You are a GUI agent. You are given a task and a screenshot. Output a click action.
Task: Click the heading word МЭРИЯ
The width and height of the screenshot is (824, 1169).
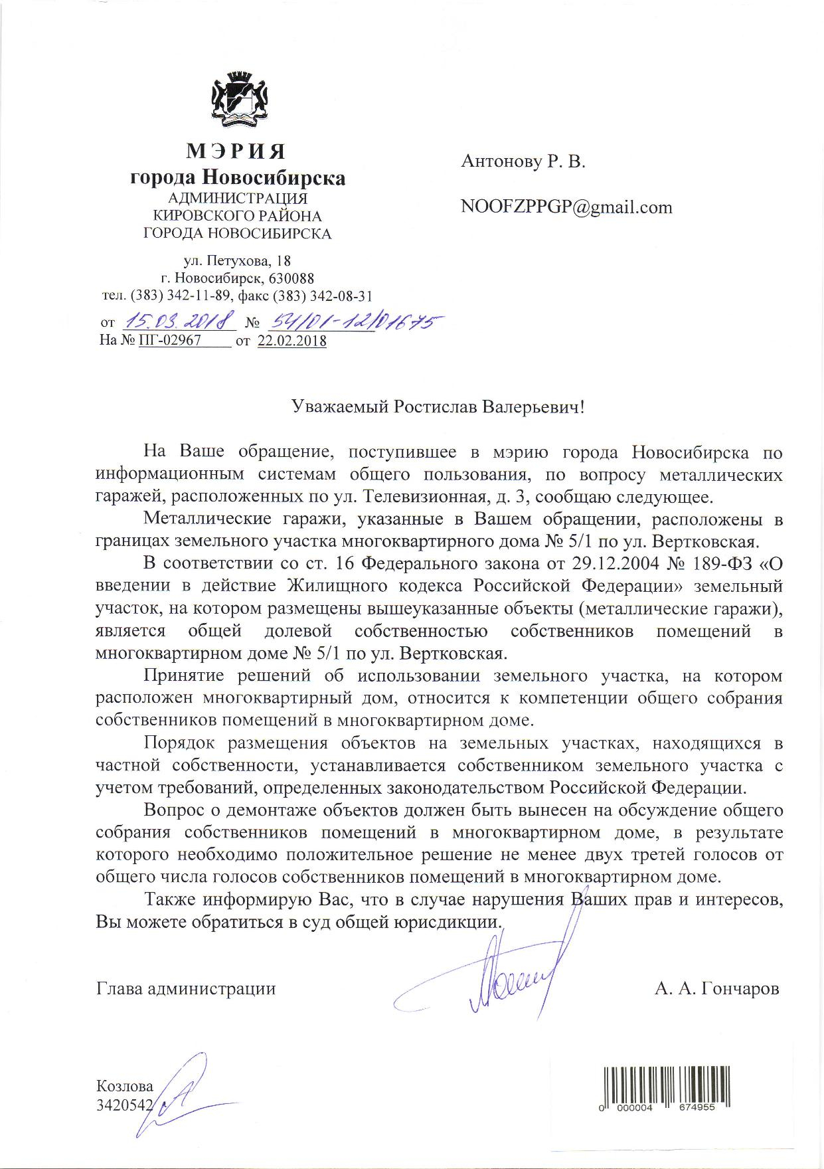click(236, 152)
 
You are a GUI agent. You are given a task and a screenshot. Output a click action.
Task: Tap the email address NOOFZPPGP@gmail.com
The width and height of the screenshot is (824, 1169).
click(566, 207)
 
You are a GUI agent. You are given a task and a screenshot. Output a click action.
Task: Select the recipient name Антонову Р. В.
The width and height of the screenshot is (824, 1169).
click(523, 161)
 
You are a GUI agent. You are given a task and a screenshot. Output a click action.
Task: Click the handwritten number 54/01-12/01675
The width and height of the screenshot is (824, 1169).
click(354, 322)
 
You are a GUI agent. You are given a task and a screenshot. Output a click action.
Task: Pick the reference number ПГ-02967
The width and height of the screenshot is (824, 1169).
click(170, 341)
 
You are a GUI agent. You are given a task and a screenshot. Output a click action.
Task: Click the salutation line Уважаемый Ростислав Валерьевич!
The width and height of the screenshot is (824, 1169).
click(438, 406)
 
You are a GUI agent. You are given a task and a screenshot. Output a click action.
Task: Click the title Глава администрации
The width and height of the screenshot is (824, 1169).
click(186, 989)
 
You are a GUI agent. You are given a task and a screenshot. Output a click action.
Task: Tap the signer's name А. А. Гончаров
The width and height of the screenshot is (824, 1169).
click(716, 989)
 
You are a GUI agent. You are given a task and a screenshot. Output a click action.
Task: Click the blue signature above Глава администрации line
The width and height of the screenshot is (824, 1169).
click(505, 976)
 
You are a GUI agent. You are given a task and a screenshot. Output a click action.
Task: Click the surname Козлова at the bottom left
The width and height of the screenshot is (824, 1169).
click(125, 1087)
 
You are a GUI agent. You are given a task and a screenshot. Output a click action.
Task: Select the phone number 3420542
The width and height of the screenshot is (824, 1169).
click(125, 1105)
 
